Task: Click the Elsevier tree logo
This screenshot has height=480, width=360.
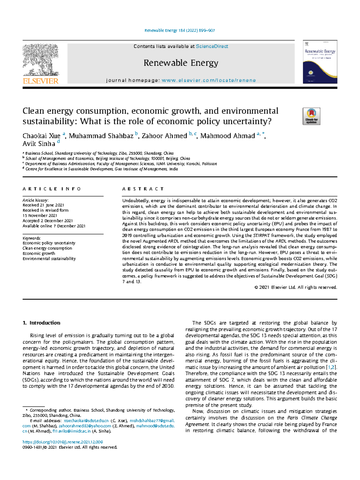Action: (40, 59)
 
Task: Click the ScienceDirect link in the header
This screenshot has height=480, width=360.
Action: (212, 46)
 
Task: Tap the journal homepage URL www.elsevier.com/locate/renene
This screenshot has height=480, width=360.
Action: (208, 80)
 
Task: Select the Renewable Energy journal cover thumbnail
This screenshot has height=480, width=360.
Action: (320, 62)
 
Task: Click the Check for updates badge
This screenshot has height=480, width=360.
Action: (311, 116)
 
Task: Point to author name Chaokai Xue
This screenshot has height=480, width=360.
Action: (41, 136)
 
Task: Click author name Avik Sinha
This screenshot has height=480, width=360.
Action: (39, 144)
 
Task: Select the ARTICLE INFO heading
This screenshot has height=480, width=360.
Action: (52, 189)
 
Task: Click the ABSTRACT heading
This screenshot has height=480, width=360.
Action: (143, 189)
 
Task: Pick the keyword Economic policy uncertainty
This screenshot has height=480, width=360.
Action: (49, 243)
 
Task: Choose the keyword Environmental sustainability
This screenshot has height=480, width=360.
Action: (49, 258)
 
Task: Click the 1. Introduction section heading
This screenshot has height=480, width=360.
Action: (41, 323)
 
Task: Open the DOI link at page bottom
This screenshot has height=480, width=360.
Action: (63, 442)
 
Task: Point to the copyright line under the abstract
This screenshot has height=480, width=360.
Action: (295, 287)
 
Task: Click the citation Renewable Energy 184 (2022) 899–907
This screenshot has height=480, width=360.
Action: (179, 30)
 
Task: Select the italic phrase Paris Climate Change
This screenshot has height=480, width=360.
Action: (312, 418)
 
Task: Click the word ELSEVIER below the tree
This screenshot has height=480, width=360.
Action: (40, 81)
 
